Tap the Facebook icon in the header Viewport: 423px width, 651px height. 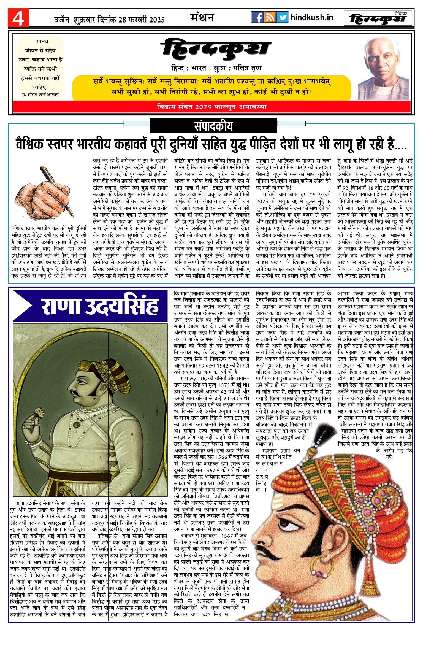point(257,17)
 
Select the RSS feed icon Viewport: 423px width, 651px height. point(270,17)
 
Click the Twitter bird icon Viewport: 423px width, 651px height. point(282,17)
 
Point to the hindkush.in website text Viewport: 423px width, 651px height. point(312,18)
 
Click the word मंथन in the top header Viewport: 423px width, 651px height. point(202,18)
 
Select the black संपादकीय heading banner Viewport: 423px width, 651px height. point(213,126)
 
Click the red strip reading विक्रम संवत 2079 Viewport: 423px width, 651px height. point(211,107)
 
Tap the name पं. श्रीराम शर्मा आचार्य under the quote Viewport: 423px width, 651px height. point(40,94)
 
